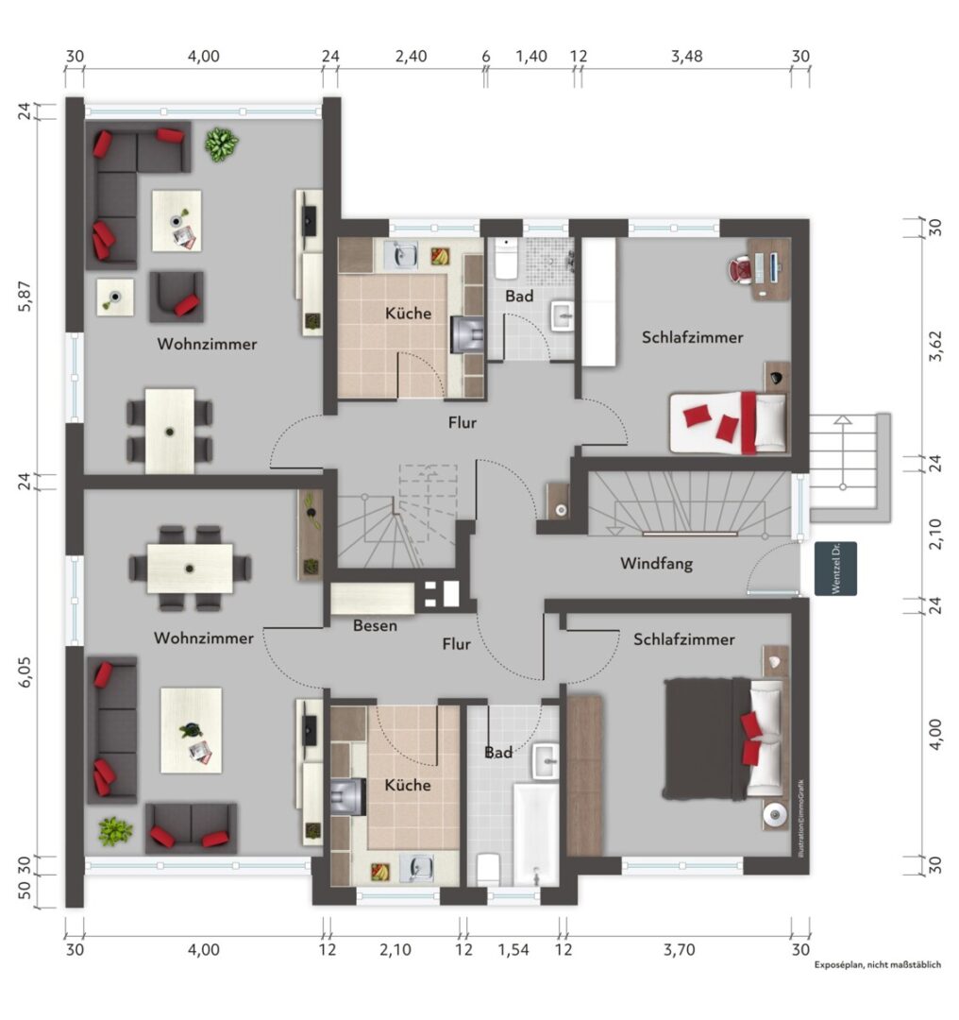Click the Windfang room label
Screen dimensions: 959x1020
[656, 563]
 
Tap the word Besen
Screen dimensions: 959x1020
[375, 626]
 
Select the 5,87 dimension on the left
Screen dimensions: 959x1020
[25, 297]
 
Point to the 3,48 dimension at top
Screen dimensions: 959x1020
[686, 57]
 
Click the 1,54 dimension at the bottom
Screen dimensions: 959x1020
[513, 950]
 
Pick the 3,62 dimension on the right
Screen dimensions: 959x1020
[935, 347]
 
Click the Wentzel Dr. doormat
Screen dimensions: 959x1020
[835, 569]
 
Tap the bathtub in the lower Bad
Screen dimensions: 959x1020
[536, 835]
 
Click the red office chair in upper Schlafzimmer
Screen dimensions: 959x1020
[740, 269]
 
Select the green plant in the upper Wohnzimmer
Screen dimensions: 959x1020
[221, 144]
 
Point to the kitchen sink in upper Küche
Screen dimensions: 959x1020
[400, 255]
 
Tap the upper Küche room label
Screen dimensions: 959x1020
[409, 314]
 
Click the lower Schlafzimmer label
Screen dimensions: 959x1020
[684, 640]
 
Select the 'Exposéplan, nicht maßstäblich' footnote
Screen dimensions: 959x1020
[878, 964]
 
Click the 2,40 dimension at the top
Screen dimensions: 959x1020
[411, 57]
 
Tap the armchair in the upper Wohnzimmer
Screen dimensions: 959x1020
[177, 297]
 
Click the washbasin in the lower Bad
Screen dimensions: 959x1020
[546, 761]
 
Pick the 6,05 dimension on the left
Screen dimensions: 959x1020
[25, 672]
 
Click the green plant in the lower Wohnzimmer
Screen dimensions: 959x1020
[116, 832]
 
